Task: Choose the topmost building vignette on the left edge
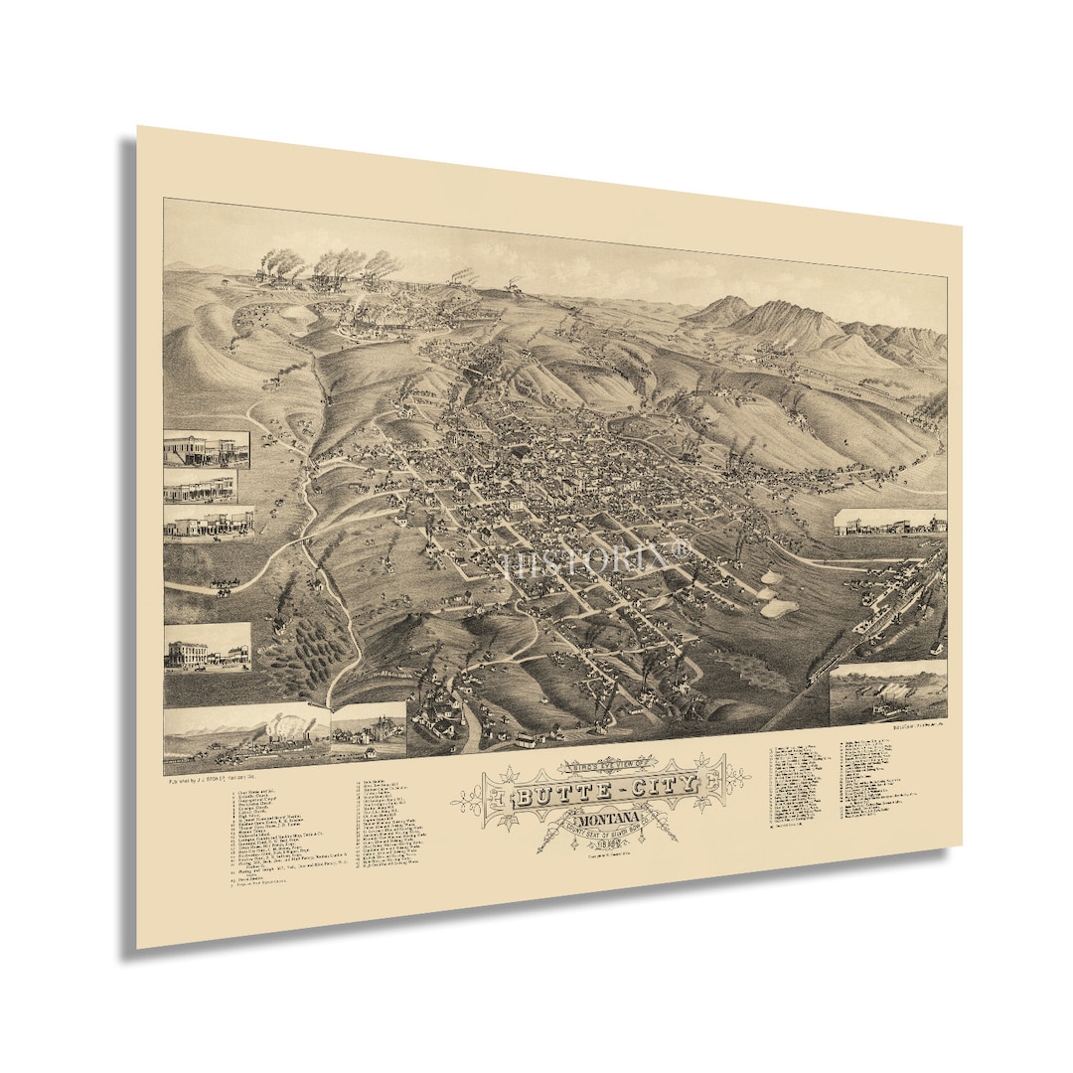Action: tap(207, 449)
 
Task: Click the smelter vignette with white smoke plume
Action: tap(248, 733)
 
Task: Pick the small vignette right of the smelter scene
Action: tap(370, 729)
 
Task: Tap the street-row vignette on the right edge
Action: tap(890, 524)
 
